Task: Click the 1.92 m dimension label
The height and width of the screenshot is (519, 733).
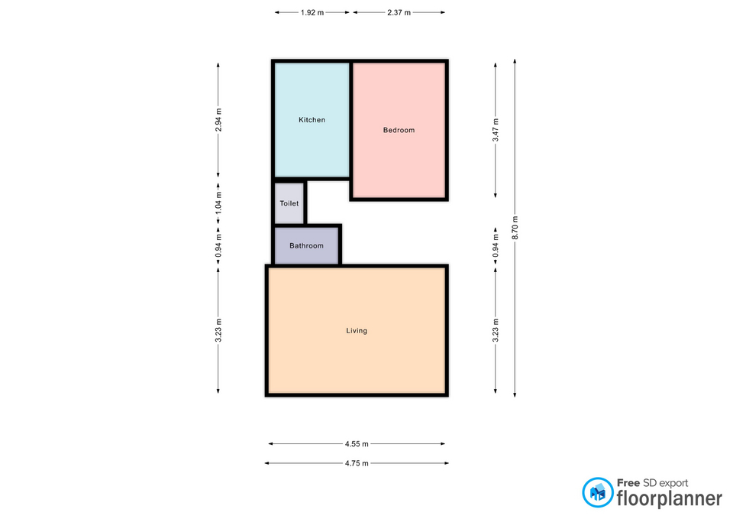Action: (312, 13)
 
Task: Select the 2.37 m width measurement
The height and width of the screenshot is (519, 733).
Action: (399, 13)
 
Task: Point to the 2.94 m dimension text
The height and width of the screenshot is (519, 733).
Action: (218, 120)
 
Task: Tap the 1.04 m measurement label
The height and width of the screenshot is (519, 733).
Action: (218, 203)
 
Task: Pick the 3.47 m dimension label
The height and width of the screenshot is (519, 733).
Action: (496, 130)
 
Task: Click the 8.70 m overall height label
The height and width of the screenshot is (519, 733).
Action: (515, 228)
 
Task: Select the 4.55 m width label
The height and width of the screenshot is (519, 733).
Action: (357, 443)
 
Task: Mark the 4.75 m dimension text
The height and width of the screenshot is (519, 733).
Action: (357, 463)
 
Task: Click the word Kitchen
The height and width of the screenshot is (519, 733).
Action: (312, 120)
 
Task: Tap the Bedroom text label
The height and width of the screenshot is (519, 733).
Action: (399, 130)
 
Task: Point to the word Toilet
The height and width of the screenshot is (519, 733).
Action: (289, 203)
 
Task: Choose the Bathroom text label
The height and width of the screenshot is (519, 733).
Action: (306, 245)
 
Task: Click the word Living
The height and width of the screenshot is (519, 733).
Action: (357, 331)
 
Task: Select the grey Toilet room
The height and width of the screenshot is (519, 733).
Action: (289, 203)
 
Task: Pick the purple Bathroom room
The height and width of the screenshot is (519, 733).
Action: (306, 245)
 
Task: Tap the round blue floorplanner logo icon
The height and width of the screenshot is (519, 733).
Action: (597, 492)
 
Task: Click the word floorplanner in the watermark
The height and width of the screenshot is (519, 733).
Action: (670, 499)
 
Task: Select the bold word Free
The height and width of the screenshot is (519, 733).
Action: (628, 483)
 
